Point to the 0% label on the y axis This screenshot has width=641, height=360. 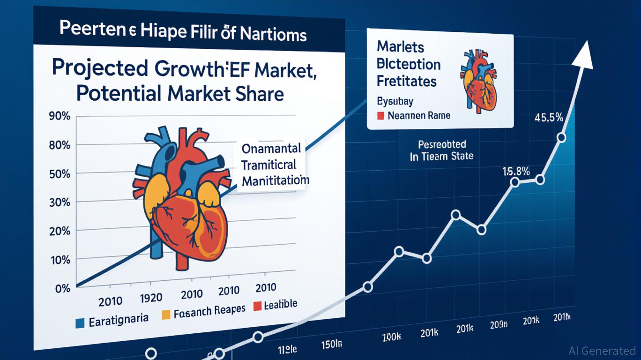tap(62, 288)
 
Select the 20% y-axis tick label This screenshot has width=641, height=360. tap(60, 231)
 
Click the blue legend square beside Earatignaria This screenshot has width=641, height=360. tap(80, 322)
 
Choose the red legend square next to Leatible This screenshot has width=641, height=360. tap(257, 307)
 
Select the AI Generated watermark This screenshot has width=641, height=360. tap(602, 350)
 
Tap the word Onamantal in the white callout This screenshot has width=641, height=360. tap(271, 149)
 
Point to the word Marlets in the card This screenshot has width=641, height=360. tap(400, 47)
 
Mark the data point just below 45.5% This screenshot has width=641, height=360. tap(561, 137)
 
